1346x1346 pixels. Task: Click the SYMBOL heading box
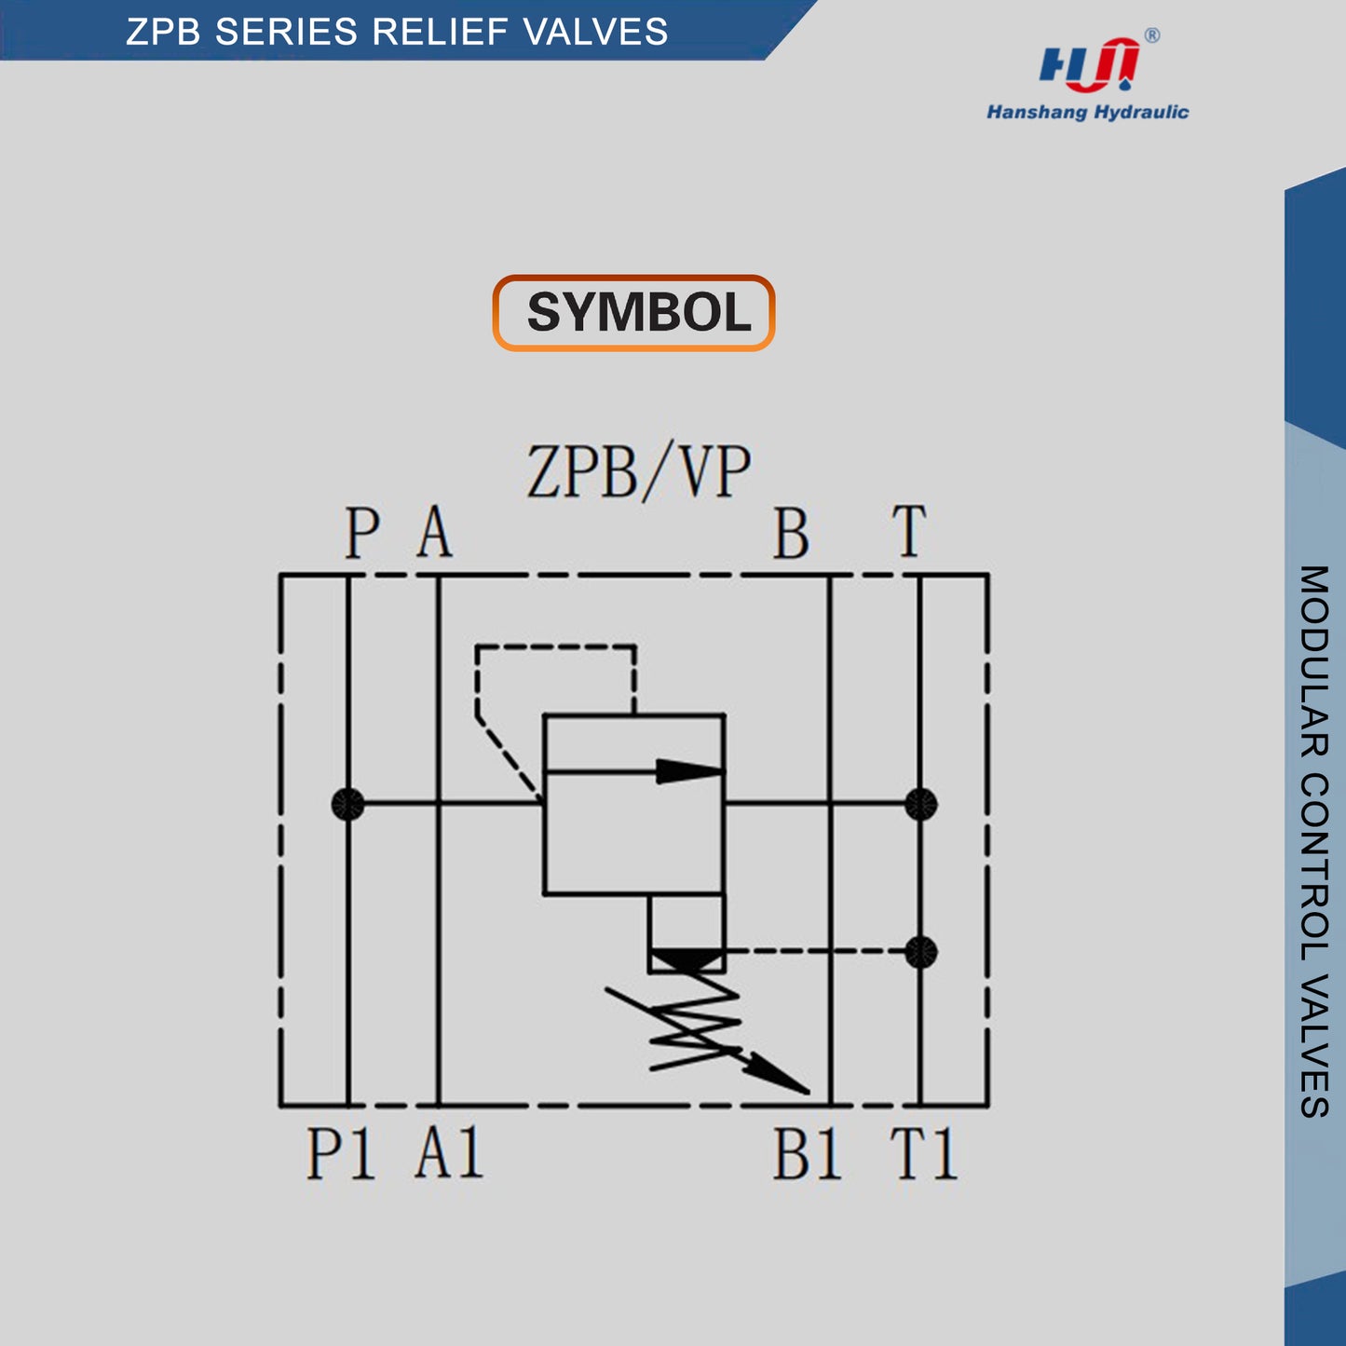pos(633,313)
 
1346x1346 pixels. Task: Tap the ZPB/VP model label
pos(638,472)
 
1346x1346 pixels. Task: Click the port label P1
pos(341,1154)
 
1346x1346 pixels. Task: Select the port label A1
pos(449,1154)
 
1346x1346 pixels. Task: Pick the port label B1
pos(807,1155)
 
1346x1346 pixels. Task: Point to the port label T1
pos(923,1155)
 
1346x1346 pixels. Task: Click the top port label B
pos(791,534)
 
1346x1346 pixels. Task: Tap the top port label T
pos(909,532)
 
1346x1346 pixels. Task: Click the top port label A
pos(435,533)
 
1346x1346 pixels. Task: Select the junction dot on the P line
pos(348,804)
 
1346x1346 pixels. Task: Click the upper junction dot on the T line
pos(920,804)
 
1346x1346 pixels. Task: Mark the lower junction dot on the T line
pos(920,952)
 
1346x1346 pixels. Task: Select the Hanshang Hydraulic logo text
pos(1087,113)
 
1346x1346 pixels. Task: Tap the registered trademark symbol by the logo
pos(1152,35)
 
